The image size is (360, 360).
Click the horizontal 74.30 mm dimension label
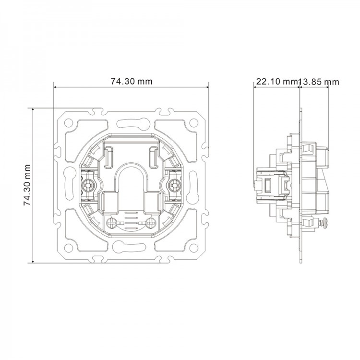point(132,82)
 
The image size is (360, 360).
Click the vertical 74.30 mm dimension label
point(27,185)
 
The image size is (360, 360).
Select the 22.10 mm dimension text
point(276,82)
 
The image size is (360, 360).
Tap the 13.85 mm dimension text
point(319,82)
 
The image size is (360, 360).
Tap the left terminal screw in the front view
point(88,184)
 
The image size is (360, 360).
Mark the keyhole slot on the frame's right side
point(194,185)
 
